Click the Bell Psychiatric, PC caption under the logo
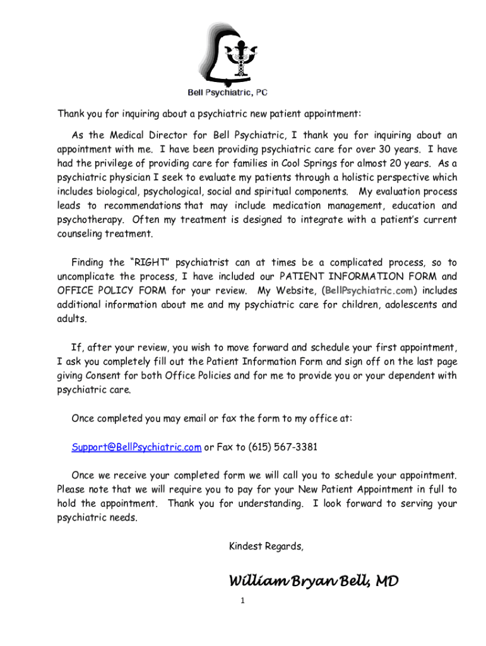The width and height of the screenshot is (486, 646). pyautogui.click(x=227, y=92)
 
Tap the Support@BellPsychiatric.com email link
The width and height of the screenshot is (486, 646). pyautogui.click(x=136, y=447)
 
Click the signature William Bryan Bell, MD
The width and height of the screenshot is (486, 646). pyautogui.click(x=314, y=580)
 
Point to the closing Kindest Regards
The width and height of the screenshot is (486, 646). pyautogui.click(x=266, y=546)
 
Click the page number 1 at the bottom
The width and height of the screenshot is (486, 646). pyautogui.click(x=242, y=601)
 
